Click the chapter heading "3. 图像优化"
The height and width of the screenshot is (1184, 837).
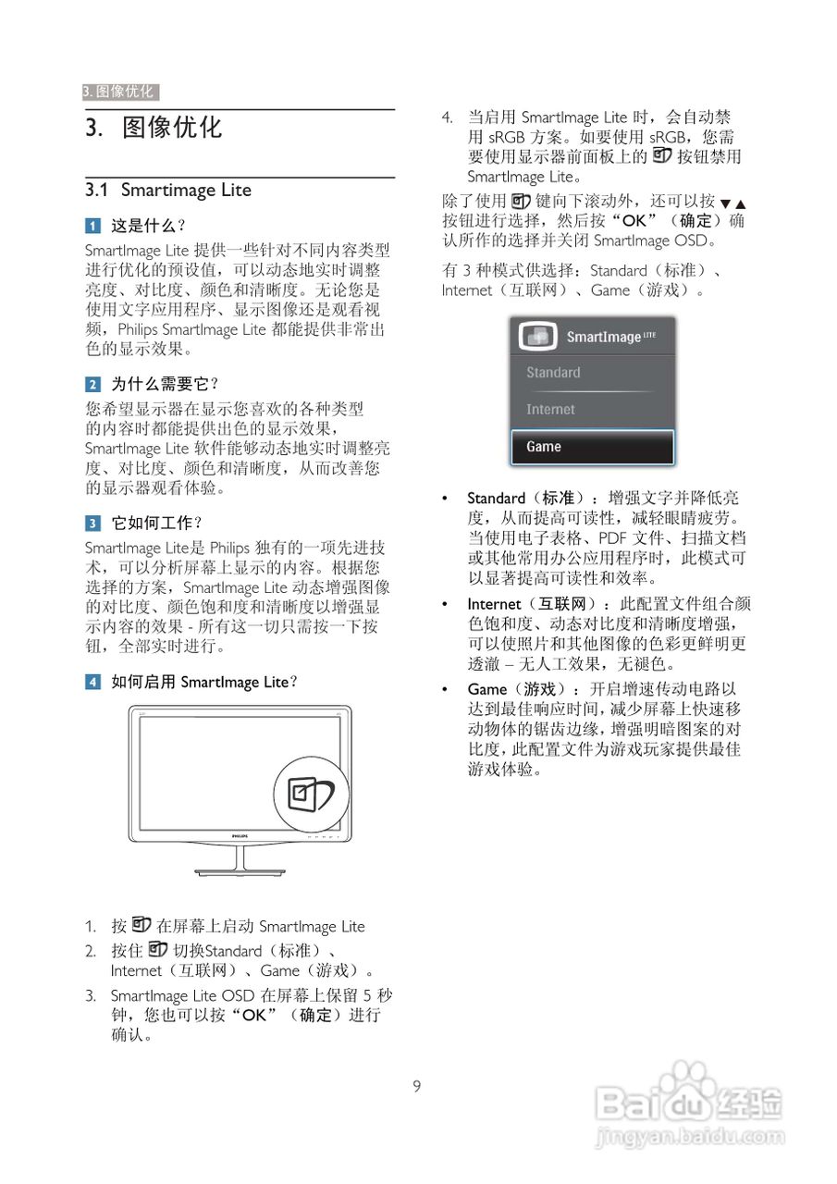coord(154,128)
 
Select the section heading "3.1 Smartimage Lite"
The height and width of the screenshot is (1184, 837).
coord(168,191)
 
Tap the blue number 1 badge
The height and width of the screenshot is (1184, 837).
coord(92,226)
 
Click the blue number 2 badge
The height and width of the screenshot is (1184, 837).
coord(92,384)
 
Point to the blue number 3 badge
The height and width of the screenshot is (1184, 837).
coord(92,523)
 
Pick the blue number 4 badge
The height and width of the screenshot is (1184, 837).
coord(92,683)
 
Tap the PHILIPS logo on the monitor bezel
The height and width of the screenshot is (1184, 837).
coord(240,834)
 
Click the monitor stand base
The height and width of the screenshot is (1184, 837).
coord(240,871)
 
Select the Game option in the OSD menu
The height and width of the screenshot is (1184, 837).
coord(592,447)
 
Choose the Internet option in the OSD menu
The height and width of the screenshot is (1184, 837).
coord(592,409)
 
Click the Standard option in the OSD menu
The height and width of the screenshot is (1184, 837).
coord(592,373)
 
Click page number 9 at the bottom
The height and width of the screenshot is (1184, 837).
coord(417,1087)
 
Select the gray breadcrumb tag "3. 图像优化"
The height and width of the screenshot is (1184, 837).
coord(120,92)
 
